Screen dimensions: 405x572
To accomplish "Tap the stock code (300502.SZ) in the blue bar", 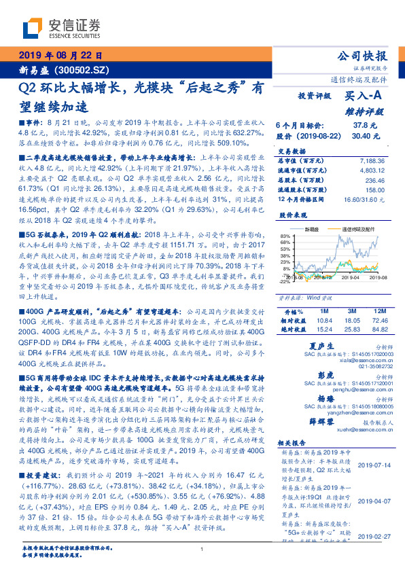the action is coord(87,70).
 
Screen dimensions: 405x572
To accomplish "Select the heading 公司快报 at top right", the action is coord(362,55).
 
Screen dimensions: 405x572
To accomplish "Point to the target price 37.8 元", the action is coord(366,125).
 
